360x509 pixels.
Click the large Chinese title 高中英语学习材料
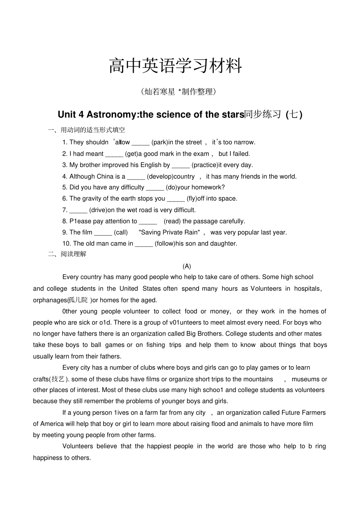tap(175, 66)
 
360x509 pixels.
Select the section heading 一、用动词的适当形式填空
tap(86, 130)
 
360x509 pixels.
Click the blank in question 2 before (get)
tap(114, 154)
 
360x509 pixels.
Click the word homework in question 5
tap(208, 187)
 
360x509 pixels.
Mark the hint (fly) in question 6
tap(192, 199)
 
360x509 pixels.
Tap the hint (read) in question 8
tap(172, 221)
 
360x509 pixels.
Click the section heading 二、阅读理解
tap(67, 254)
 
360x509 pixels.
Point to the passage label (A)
tap(186, 266)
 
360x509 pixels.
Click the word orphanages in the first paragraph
tap(50, 300)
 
